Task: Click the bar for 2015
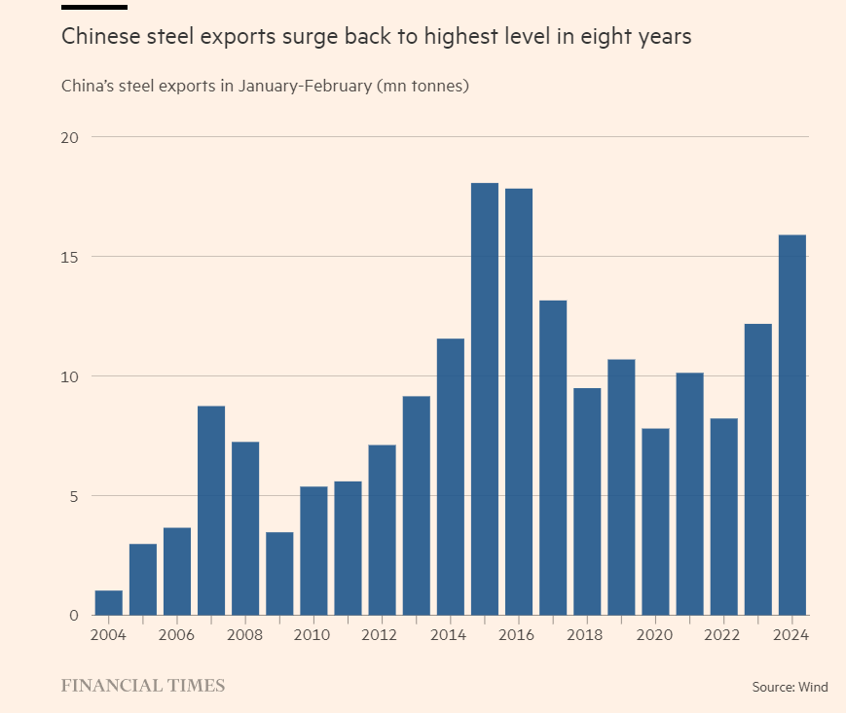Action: click(x=484, y=399)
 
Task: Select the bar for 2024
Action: click(x=791, y=425)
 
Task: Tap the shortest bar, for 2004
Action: click(x=109, y=602)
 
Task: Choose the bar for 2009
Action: click(x=279, y=573)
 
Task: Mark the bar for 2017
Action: click(x=553, y=457)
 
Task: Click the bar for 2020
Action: click(x=655, y=521)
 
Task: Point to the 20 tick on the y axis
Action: click(x=69, y=137)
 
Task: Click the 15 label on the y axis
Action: click(x=69, y=257)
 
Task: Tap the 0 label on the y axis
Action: click(x=72, y=615)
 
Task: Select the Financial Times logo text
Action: click(x=142, y=686)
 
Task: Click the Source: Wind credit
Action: click(x=790, y=687)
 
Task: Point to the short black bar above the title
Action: click(x=93, y=7)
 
